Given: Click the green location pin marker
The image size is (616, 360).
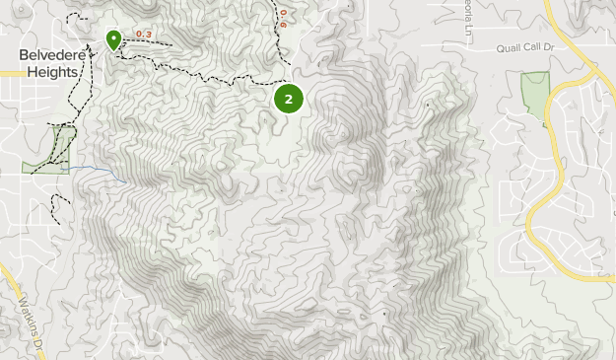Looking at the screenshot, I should point(113,39).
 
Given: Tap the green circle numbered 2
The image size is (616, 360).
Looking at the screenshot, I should point(288,99).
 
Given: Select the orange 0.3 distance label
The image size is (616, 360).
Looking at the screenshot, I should point(144,36).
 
